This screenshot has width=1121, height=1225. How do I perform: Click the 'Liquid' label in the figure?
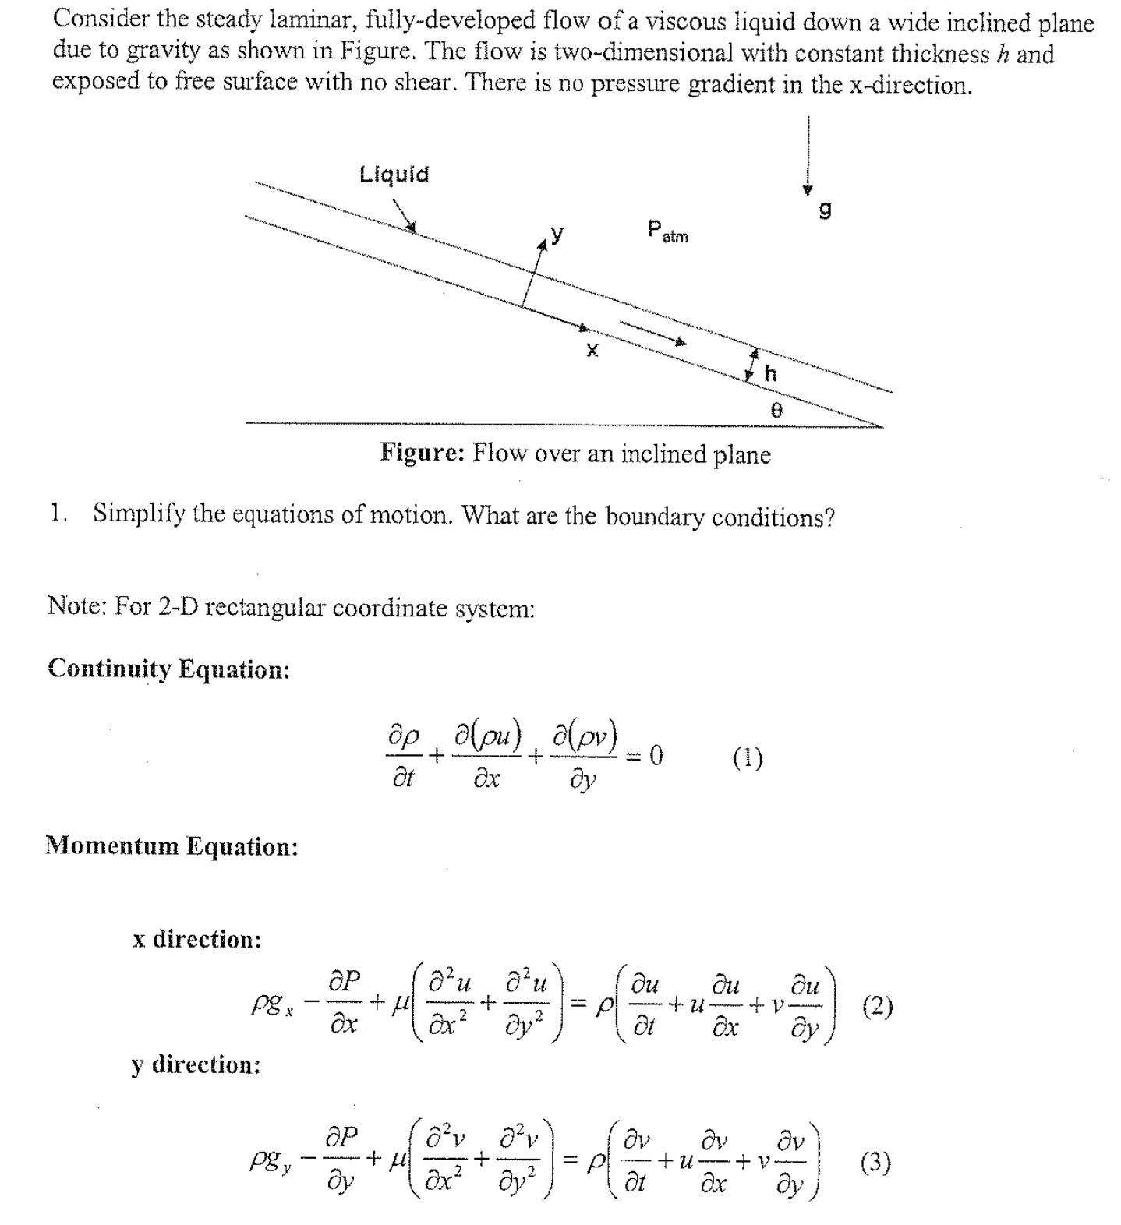[394, 174]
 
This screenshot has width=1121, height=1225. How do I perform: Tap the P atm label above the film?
[667, 231]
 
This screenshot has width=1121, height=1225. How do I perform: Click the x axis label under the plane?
[592, 351]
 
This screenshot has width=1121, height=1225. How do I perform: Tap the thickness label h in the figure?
[770, 373]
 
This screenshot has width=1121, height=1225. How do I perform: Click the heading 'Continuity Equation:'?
[168, 669]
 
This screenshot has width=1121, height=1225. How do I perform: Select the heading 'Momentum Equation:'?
[172, 845]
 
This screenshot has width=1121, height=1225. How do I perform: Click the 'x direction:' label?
[196, 939]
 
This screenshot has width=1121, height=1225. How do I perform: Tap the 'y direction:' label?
[196, 1064]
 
